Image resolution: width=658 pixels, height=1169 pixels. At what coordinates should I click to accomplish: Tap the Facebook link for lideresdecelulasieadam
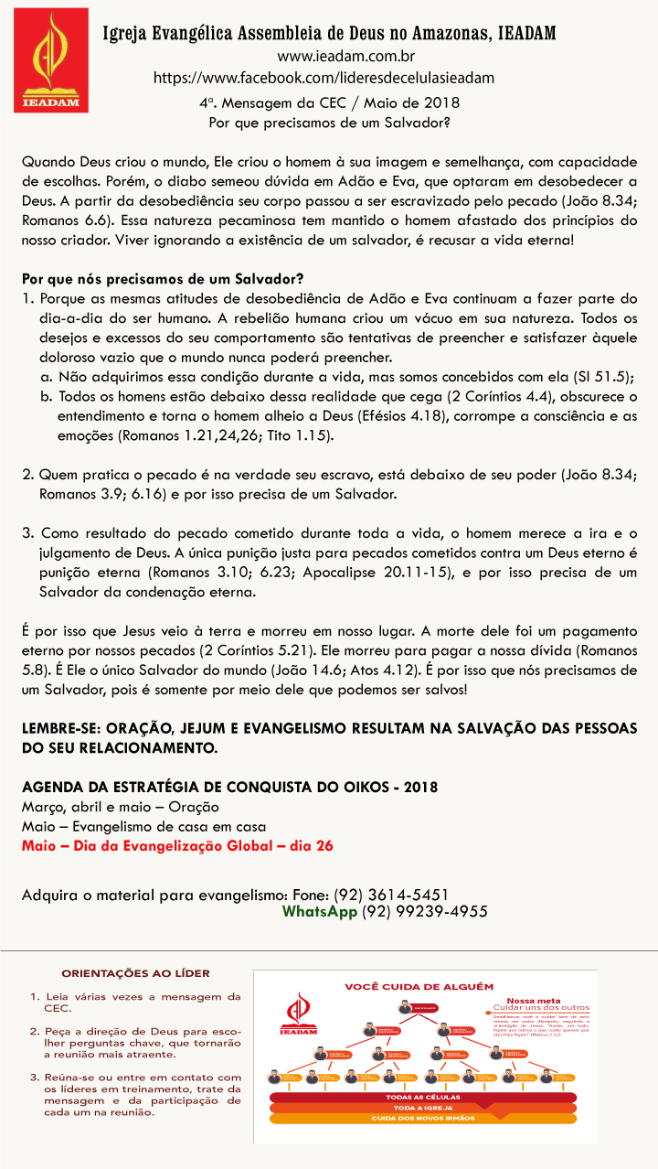[324, 78]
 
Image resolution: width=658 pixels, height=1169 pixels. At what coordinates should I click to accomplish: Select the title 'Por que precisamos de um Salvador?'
[328, 121]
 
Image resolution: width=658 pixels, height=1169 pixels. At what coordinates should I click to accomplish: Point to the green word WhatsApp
[319, 911]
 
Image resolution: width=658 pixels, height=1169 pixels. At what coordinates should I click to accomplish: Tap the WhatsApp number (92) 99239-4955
[424, 911]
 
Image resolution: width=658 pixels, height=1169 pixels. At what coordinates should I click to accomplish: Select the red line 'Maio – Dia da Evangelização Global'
[177, 845]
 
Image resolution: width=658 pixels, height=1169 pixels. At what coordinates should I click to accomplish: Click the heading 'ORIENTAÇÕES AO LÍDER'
[135, 972]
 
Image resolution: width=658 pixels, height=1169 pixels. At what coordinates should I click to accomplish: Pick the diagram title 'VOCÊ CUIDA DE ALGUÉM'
[419, 986]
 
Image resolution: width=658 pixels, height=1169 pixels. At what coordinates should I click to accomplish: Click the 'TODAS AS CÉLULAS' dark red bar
[422, 1097]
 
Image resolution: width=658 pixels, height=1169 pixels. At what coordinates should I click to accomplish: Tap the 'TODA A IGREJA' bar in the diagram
[422, 1108]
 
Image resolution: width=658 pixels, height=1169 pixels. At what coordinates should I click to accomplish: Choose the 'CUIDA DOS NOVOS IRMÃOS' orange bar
[422, 1119]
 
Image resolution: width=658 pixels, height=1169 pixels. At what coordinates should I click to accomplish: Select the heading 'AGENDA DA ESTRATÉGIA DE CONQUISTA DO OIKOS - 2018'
[229, 787]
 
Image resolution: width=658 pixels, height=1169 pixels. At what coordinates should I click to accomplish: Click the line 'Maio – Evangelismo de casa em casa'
[143, 826]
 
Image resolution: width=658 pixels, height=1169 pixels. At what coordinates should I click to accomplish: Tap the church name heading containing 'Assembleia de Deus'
[328, 35]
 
